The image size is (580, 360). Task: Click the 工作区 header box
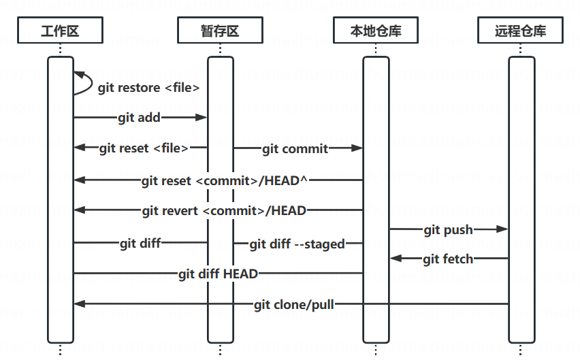(60, 30)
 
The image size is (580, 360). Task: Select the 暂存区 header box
(220, 30)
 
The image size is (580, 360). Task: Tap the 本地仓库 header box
(376, 30)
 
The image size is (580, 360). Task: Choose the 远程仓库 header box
(521, 30)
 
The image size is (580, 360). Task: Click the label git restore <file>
(148, 88)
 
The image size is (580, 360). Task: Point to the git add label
(139, 118)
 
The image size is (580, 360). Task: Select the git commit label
(295, 149)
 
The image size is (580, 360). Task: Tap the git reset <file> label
(144, 148)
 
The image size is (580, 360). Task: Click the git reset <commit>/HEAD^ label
(224, 181)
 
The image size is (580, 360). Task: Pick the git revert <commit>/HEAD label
(224, 211)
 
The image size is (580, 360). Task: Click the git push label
(449, 230)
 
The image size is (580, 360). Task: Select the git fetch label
(449, 259)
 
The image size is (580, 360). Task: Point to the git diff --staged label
(297, 244)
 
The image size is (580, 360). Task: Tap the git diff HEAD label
(218, 274)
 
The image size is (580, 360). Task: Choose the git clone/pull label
(294, 305)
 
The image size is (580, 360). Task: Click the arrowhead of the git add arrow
(202, 118)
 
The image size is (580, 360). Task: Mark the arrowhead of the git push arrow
(502, 229)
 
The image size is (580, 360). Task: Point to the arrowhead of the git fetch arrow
(396, 259)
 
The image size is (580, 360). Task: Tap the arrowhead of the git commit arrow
(357, 148)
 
